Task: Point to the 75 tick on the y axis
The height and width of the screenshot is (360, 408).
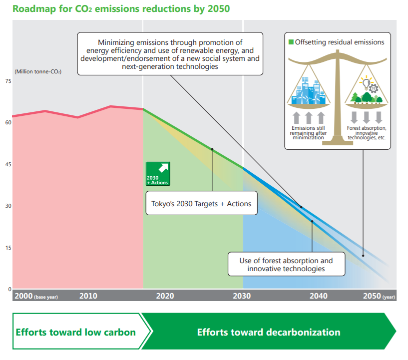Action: pos(8,81)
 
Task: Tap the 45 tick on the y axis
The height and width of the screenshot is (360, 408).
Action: pos(8,164)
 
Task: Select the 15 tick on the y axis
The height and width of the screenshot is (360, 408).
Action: pos(8,248)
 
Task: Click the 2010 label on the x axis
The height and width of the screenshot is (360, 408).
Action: pos(88,296)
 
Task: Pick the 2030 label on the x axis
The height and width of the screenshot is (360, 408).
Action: pos(242,296)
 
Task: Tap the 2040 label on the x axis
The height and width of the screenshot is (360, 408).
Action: pos(319,296)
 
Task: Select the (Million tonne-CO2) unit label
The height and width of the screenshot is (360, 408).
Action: pos(37,72)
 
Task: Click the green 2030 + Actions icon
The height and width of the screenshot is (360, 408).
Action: pos(157,174)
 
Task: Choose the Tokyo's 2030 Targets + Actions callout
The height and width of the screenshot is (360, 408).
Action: pos(201,203)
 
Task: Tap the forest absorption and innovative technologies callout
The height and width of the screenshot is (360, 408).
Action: pos(286,264)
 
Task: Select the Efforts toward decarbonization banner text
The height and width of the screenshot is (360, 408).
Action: pos(269,332)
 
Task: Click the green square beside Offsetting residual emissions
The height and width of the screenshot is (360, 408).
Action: pos(292,42)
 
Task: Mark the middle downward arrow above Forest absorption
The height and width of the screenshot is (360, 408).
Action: pos(366,117)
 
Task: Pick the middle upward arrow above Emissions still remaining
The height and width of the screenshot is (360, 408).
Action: pos(308,118)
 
